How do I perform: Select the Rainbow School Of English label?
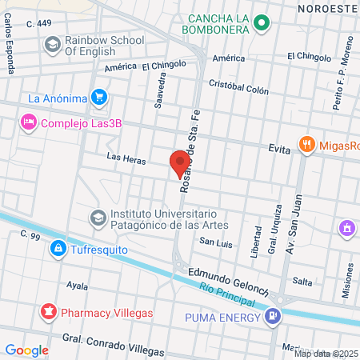coord(104,45)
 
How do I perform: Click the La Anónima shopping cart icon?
coord(99,98)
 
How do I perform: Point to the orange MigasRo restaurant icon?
coord(306,145)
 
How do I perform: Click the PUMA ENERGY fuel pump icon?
coord(274,317)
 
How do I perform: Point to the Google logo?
coord(26,350)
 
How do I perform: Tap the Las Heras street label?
coord(126,160)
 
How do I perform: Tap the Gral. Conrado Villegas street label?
coord(114,346)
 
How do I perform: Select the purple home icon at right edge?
coord(347,229)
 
